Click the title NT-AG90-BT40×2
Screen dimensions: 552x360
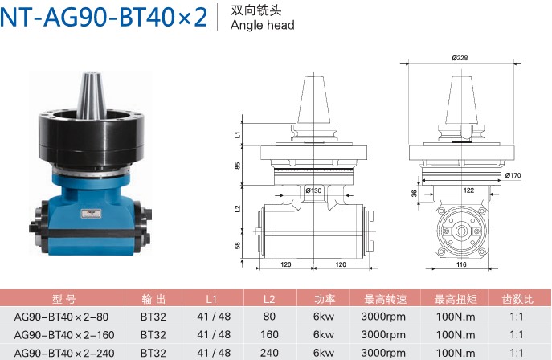pos(104,17)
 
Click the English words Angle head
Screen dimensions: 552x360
pos(262,25)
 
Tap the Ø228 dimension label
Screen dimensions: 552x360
pos(460,58)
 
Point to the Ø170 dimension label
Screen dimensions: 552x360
pos(513,175)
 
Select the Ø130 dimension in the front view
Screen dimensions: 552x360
pos(313,190)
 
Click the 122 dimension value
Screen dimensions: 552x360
pos(468,190)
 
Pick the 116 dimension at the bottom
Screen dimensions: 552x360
pos(461,264)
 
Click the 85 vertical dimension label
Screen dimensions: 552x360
pos(238,166)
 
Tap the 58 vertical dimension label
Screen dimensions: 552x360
pos(238,245)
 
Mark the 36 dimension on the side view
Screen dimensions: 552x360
pos(414,193)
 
